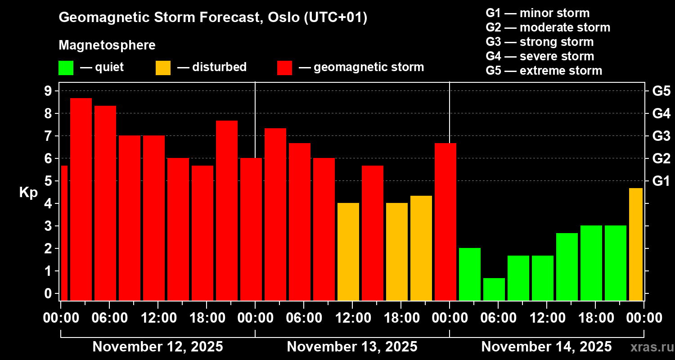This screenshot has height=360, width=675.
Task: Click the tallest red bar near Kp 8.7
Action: pyautogui.click(x=81, y=199)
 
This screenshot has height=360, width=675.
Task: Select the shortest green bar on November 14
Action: pyautogui.click(x=494, y=289)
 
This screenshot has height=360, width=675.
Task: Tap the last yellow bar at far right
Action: pyautogui.click(x=635, y=244)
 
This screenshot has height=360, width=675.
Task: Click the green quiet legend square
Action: pyautogui.click(x=66, y=68)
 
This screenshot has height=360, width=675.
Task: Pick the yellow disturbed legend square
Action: pyautogui.click(x=163, y=68)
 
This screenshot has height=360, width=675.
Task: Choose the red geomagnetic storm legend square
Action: pyautogui.click(x=284, y=68)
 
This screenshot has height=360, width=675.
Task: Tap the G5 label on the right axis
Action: pyautogui.click(x=661, y=91)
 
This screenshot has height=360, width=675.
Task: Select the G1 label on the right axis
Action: pyautogui.click(x=661, y=181)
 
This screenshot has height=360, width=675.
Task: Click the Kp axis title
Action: pyautogui.click(x=28, y=193)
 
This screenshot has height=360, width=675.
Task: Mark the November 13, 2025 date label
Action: pyautogui.click(x=352, y=347)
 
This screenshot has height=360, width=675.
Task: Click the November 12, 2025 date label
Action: pyautogui.click(x=157, y=347)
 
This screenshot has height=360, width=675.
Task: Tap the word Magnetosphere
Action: pyautogui.click(x=107, y=45)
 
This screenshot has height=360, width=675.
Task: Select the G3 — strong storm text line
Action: pyautogui.click(x=540, y=42)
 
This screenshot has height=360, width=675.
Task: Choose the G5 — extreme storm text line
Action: pyautogui.click(x=544, y=71)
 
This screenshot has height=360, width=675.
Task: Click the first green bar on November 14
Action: pyautogui.click(x=470, y=274)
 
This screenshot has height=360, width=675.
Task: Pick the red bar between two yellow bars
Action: pyautogui.click(x=373, y=233)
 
